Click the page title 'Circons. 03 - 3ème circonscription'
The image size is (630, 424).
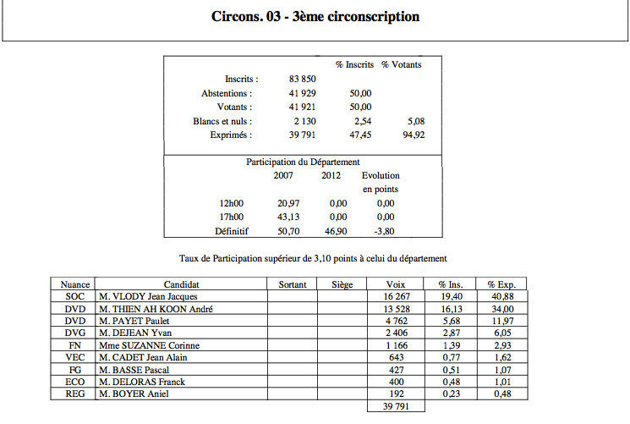[315, 17]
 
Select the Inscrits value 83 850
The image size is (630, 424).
[303, 79]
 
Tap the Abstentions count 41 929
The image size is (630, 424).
[303, 92]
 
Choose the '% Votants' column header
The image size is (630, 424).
[401, 64]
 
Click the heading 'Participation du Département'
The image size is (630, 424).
[304, 161]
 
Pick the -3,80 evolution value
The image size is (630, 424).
[386, 231]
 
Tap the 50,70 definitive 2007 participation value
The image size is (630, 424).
[288, 231]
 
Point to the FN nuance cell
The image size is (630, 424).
[74, 345]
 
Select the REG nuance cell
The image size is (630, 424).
[74, 393]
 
